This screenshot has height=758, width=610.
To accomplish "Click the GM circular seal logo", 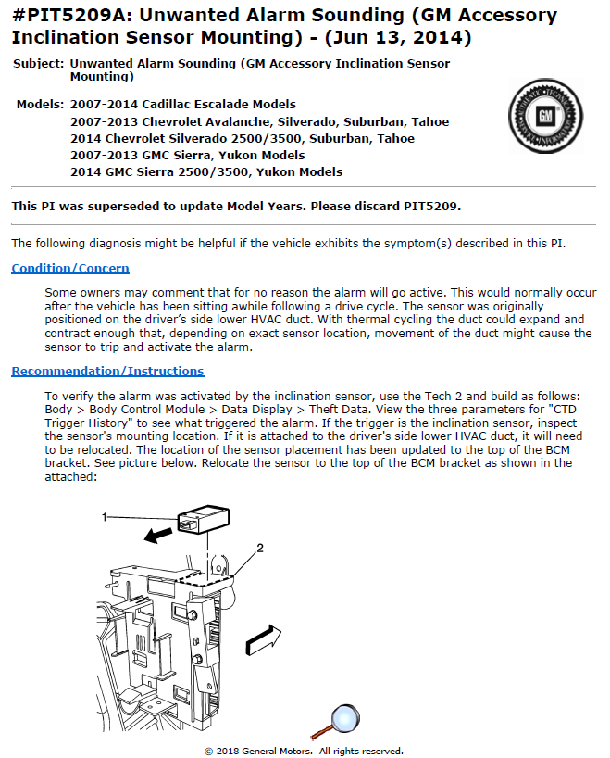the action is [545, 116].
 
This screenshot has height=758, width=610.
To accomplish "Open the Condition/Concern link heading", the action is [70, 269].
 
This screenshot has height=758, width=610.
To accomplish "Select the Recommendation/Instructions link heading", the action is [107, 372].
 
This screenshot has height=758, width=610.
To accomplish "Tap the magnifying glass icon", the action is [337, 721].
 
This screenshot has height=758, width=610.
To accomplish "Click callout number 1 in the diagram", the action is [105, 517].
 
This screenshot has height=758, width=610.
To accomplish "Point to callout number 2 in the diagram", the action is [260, 549].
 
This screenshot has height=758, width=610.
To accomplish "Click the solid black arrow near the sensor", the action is [158, 534].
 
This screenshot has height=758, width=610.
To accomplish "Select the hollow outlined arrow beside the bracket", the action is [264, 639].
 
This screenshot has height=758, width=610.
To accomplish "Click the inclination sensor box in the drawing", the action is [204, 519].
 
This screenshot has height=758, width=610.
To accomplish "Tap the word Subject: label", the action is [39, 64].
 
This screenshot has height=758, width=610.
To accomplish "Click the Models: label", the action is [40, 105].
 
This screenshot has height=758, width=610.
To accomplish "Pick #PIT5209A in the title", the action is [71, 16].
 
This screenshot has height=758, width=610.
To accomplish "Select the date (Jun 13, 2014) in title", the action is [398, 38].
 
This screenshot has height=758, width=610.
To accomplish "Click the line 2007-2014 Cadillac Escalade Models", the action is [183, 105].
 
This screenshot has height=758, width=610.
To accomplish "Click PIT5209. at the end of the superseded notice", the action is [432, 207].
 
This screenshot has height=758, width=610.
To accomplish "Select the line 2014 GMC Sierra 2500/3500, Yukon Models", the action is [206, 172].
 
